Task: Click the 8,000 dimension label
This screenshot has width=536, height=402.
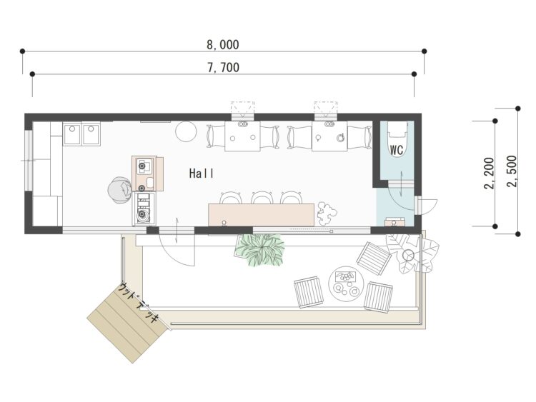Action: click(223, 45)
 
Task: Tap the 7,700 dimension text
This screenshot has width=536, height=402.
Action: click(223, 68)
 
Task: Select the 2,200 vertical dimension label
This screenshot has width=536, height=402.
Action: click(489, 174)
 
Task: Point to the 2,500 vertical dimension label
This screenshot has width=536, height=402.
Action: click(512, 171)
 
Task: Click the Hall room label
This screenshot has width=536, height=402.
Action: click(202, 174)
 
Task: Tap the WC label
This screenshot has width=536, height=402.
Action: click(397, 150)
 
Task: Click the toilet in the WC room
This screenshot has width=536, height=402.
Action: click(397, 139)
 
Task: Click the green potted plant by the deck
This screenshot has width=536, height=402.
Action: click(260, 250)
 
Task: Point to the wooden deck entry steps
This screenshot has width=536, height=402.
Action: click(129, 323)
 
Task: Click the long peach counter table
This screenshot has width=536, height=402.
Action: click(261, 214)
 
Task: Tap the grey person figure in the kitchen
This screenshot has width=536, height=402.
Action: click(119, 190)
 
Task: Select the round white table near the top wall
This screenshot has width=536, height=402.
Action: click(186, 131)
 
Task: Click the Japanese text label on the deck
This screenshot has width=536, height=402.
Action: click(139, 303)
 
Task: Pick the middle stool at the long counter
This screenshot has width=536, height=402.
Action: click(262, 197)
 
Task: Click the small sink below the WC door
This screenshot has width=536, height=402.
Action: click(394, 221)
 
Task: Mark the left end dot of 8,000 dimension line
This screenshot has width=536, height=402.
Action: click(23, 51)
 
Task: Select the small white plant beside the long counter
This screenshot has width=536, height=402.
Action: click(327, 213)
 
